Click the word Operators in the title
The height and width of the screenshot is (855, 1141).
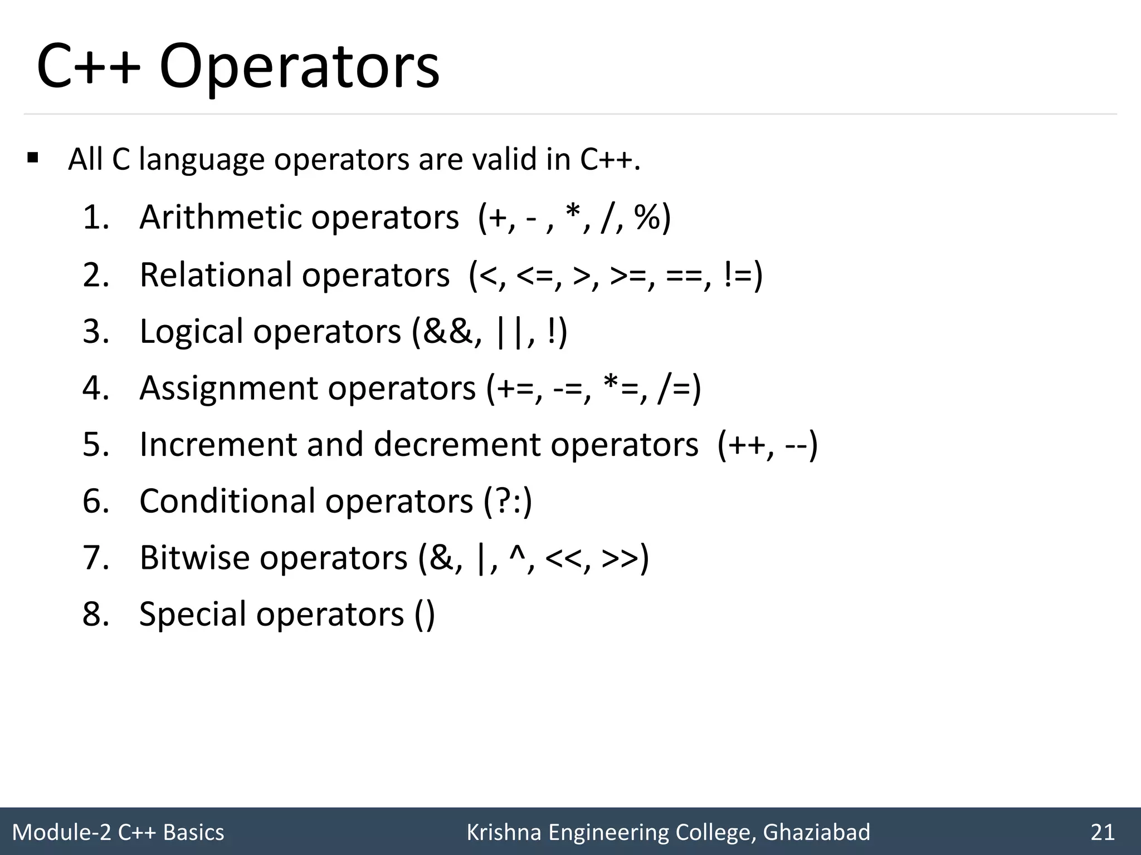(299, 68)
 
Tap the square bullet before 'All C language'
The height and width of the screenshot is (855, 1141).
(33, 158)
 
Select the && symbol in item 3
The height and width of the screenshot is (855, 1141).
(449, 331)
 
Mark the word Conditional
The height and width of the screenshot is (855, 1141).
(227, 501)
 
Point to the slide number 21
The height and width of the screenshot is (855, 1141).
(1103, 832)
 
